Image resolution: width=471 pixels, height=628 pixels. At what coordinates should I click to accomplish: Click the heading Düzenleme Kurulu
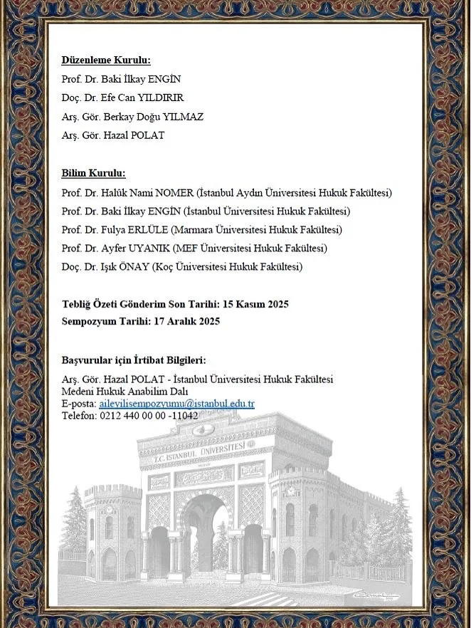pos(106,60)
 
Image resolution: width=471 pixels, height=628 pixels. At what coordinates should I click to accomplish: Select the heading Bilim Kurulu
pos(93,173)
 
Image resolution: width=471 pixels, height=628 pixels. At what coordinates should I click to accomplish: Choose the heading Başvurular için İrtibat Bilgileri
pos(134,361)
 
